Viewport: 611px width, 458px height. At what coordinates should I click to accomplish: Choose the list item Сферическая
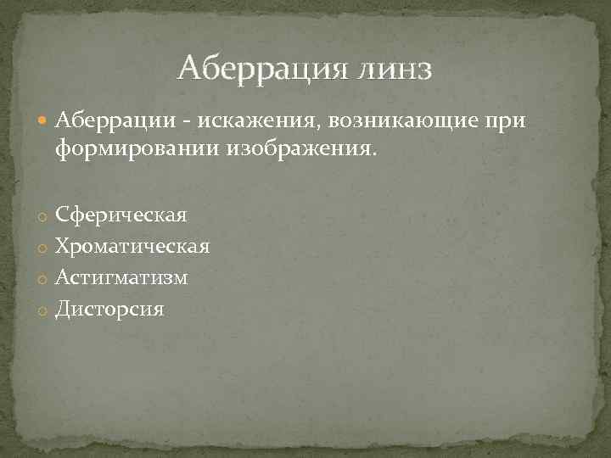pyautogui.click(x=121, y=215)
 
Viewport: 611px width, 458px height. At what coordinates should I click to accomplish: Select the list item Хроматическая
pyautogui.click(x=132, y=247)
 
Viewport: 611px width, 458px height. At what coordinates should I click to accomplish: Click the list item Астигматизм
pyautogui.click(x=121, y=277)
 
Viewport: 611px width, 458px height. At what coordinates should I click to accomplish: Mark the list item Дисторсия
pyautogui.click(x=110, y=309)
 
